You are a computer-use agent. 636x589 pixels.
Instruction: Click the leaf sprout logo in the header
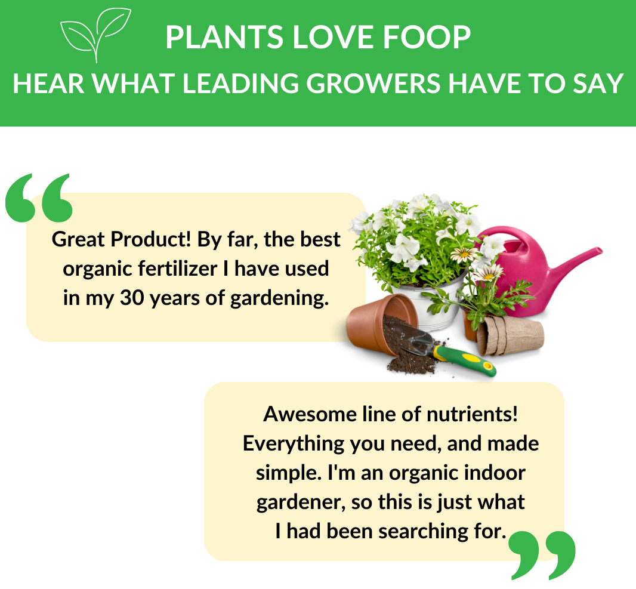[x=96, y=35]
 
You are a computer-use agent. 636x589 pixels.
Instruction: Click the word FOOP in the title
[x=427, y=38]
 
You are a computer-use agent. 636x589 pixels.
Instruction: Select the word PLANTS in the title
[x=224, y=38]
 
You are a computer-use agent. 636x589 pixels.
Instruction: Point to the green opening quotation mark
[x=39, y=198]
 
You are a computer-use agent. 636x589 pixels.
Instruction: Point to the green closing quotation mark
[x=542, y=556]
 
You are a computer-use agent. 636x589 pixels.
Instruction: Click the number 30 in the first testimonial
[x=132, y=298]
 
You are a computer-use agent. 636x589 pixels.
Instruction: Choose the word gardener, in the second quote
[x=301, y=502]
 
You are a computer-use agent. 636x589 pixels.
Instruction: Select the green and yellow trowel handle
[x=464, y=361]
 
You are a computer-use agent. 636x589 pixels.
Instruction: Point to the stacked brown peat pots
[x=510, y=335]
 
